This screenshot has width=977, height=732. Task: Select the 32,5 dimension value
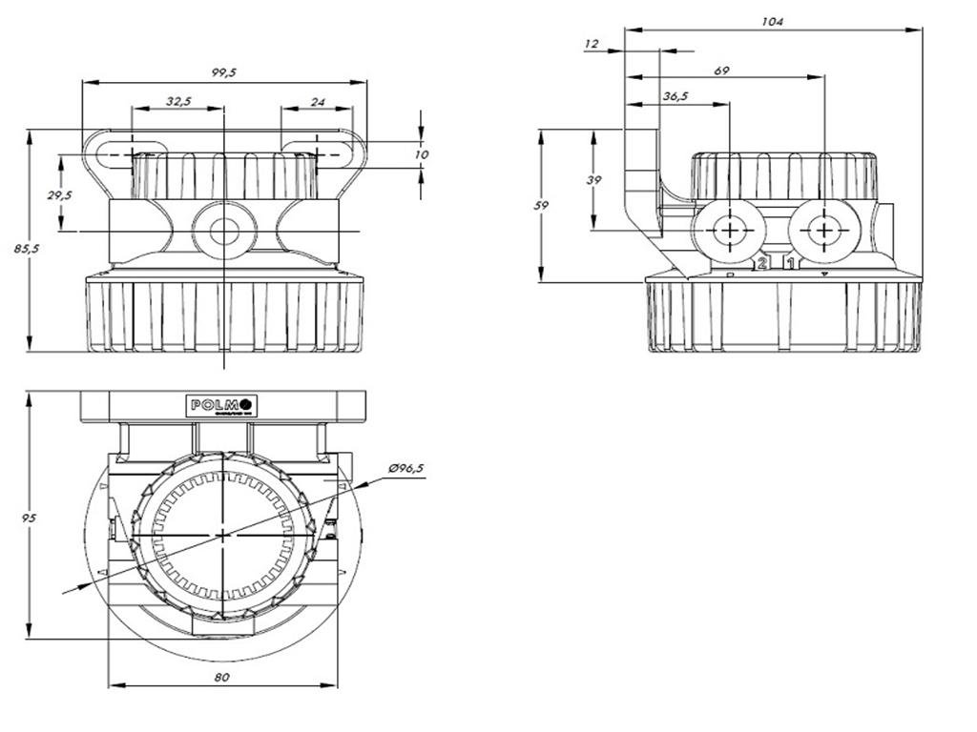click(x=178, y=100)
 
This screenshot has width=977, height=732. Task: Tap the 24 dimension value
click(x=318, y=100)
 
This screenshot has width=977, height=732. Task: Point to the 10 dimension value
click(x=422, y=153)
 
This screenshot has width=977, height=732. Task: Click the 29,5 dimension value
click(x=60, y=194)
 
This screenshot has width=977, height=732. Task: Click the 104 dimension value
click(x=773, y=22)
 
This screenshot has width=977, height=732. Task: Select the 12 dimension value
click(x=592, y=44)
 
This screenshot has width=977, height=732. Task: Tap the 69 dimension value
click(x=721, y=71)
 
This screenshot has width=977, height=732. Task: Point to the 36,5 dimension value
click(x=676, y=96)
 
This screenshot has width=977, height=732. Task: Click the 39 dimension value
click(x=593, y=180)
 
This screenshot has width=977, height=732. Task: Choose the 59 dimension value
click(x=543, y=205)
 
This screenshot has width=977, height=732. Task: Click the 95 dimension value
click(x=30, y=518)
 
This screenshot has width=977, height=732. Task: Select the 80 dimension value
click(x=222, y=677)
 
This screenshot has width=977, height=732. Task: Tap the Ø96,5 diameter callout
click(x=406, y=468)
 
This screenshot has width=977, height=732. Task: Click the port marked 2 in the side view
click(x=729, y=231)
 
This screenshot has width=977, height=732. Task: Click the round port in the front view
click(x=224, y=230)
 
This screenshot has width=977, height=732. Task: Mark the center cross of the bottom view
click(x=223, y=535)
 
